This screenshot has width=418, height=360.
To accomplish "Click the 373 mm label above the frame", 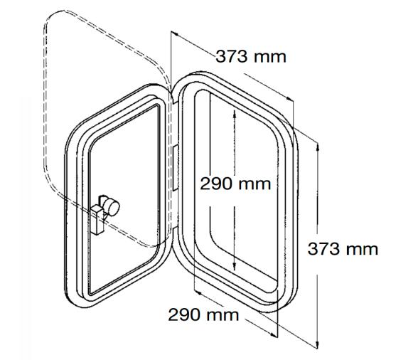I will coord(252,56).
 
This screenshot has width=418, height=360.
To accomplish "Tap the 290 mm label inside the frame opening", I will coord(235,184).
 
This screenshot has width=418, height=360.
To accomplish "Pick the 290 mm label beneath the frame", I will coord(204,314).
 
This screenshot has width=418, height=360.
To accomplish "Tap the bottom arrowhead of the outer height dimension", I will coord(318,348).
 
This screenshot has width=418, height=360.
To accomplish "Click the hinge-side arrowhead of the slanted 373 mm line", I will coord(173,33).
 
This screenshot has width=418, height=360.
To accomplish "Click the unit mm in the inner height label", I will coord(255,184).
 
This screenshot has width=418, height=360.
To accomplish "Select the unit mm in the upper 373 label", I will coord(272,56).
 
